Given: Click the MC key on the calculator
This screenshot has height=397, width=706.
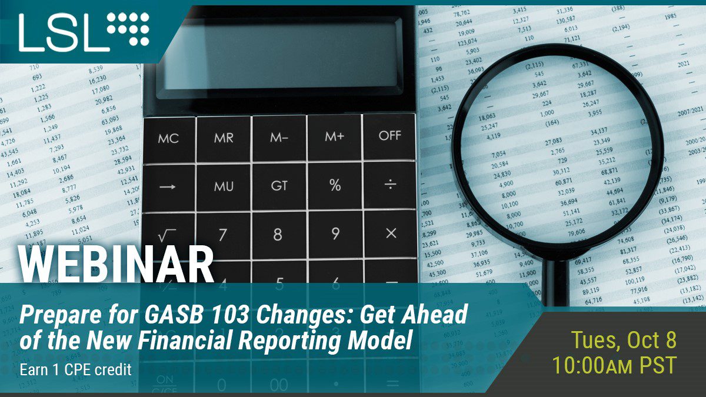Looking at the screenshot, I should [168, 138].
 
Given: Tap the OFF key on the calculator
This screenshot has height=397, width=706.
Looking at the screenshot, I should [389, 136].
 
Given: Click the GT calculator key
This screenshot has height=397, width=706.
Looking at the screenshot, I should [279, 186].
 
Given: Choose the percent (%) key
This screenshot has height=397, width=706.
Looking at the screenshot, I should [335, 186].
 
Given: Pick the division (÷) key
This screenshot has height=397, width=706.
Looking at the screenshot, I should [390, 185].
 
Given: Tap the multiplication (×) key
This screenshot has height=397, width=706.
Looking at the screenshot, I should [391, 233].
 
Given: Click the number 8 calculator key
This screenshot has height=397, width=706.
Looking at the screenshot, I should [278, 235].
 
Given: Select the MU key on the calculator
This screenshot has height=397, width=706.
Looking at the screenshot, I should [224, 186].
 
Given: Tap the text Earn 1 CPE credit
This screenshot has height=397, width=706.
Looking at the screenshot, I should [75, 370].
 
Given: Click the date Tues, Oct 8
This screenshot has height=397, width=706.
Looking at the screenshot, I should [624, 341].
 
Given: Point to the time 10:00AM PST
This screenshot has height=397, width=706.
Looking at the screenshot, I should [614, 365].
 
